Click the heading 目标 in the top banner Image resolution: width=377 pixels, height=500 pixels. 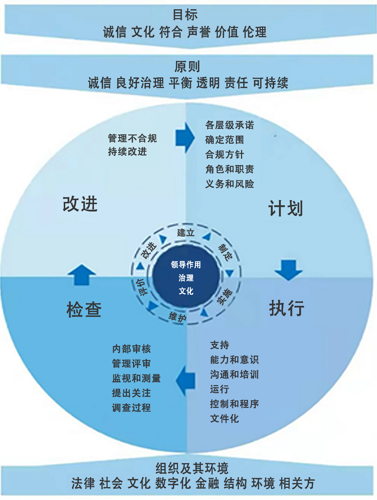coord(185,15)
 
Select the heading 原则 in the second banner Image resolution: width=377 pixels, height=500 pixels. coord(187,67)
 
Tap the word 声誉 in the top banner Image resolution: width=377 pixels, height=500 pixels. coord(199,32)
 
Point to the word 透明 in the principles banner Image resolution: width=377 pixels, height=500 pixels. coord(208,83)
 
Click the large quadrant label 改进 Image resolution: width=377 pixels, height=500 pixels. coord(80,204)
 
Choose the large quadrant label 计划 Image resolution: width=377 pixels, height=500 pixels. coord(286,208)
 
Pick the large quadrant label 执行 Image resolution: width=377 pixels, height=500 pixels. coord(287,308)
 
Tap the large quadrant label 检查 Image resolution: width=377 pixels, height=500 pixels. coord(84,310)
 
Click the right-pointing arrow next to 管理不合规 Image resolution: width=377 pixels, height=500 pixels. coord(185,138)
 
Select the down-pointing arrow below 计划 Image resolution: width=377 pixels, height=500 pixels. coord(289,270)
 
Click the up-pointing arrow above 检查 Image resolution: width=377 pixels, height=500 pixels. coord(81,275)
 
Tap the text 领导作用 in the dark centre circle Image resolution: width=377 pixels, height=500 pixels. coord(186,265)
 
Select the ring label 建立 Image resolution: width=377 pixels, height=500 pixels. coord(186,233)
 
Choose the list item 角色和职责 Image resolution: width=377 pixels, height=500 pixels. coord(230,169)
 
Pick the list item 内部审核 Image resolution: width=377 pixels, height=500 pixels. coord(132,349)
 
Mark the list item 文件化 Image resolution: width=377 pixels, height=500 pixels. coord(224,419)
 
